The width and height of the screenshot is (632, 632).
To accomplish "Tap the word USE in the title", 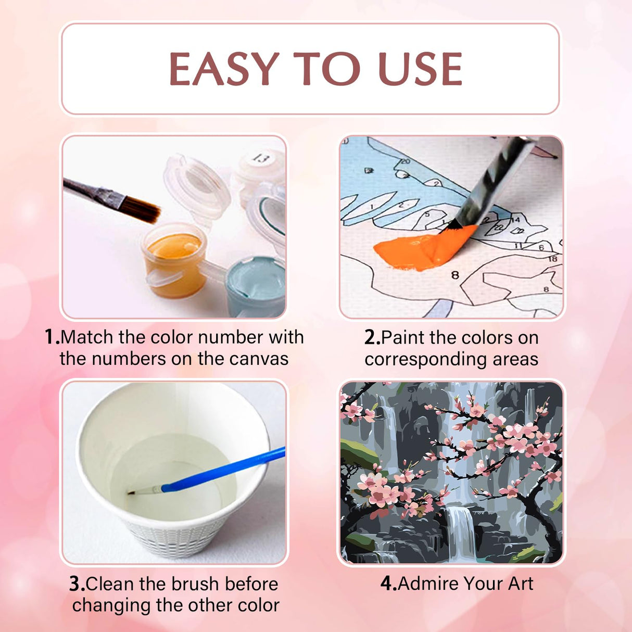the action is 420,69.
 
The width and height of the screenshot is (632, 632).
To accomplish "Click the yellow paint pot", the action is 174,259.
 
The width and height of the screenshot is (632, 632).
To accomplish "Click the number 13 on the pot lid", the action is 262,159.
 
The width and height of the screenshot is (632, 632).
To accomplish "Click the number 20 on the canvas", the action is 406,161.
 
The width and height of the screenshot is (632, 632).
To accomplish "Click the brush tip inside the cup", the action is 132,492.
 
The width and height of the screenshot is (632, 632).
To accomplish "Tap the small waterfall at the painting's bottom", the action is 461,532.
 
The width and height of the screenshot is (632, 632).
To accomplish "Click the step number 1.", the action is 52,337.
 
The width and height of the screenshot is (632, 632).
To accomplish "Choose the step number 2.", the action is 372,337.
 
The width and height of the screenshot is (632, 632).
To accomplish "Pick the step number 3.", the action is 77,584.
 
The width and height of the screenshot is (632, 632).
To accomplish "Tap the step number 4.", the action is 389,584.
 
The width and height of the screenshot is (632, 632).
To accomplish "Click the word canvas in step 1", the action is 259,359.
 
